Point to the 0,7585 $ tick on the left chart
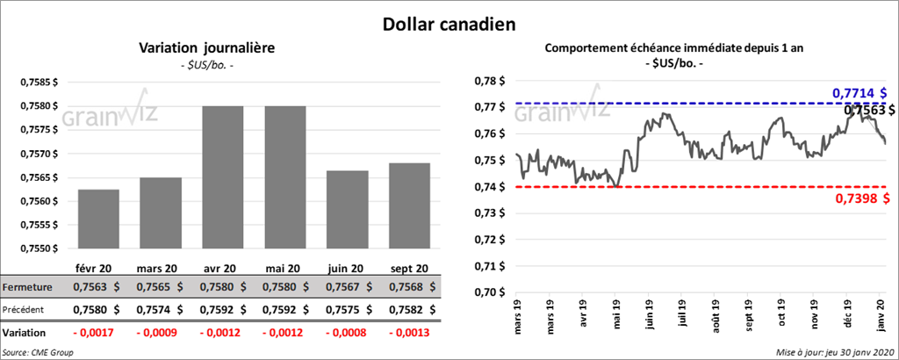(x=40, y=82)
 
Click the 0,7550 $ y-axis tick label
(x=40, y=249)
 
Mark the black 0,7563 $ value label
(x=869, y=110)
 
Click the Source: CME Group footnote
(x=38, y=352)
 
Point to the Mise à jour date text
(x=834, y=352)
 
